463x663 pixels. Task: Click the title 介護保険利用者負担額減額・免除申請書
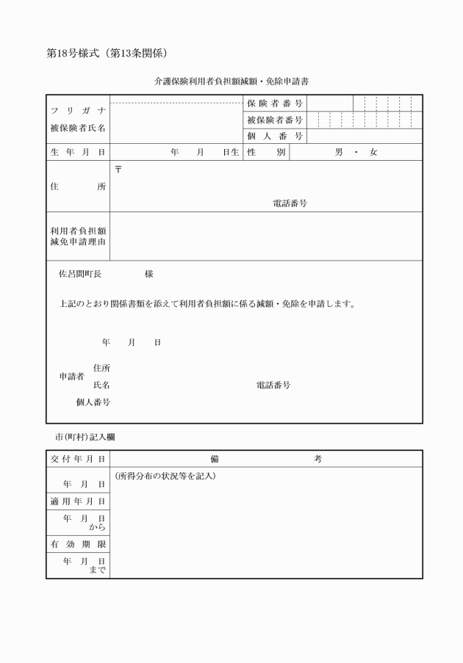(x=231, y=81)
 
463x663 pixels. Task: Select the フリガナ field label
(x=78, y=111)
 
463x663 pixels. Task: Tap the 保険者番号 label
(x=275, y=104)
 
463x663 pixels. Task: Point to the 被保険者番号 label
(x=275, y=120)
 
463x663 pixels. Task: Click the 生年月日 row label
(x=78, y=152)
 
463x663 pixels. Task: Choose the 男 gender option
(x=339, y=152)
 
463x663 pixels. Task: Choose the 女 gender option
(x=373, y=152)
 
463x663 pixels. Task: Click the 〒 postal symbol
(x=118, y=170)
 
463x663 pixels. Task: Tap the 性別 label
(x=266, y=152)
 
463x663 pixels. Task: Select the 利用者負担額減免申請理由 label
(x=78, y=236)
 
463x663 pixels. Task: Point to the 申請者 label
(x=71, y=377)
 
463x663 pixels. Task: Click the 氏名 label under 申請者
(x=101, y=385)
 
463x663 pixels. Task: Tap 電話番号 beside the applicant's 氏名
(x=273, y=385)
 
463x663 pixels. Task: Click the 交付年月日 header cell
(x=78, y=459)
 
